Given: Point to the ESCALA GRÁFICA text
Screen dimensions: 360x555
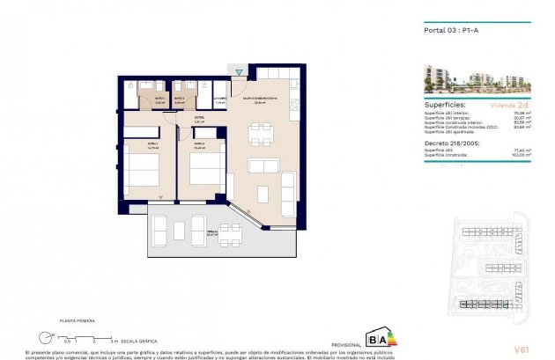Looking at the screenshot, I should pyautogui.click(x=138, y=341).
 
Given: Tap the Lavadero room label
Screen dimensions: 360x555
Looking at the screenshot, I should pyautogui.click(x=220, y=100).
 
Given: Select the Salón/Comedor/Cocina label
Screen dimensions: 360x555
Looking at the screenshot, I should pyautogui.click(x=261, y=99).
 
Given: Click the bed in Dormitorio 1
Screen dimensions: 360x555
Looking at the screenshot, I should pyautogui.click(x=140, y=166).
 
